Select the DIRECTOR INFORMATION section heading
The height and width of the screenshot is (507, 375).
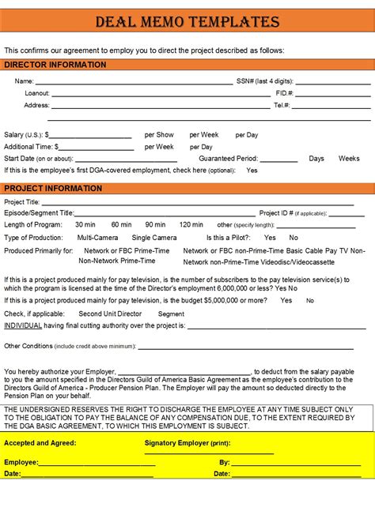click(x=55, y=65)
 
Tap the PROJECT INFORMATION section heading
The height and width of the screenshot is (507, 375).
click(x=53, y=188)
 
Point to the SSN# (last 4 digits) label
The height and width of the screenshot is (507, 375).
click(x=265, y=81)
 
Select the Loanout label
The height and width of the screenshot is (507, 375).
click(x=37, y=93)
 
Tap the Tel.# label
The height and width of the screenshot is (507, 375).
click(x=282, y=105)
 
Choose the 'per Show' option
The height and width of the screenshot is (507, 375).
click(x=159, y=135)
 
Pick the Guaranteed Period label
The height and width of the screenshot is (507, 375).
click(x=228, y=158)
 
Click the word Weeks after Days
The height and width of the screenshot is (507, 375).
click(x=349, y=158)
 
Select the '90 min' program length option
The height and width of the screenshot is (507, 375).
click(x=156, y=225)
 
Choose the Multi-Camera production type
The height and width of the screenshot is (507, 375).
click(x=97, y=238)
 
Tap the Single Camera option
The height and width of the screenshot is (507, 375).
click(x=154, y=238)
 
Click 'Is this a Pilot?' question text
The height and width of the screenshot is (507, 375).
click(x=229, y=238)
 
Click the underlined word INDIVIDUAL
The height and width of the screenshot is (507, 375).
click(x=23, y=325)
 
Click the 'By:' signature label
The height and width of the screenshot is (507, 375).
click(x=224, y=462)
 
